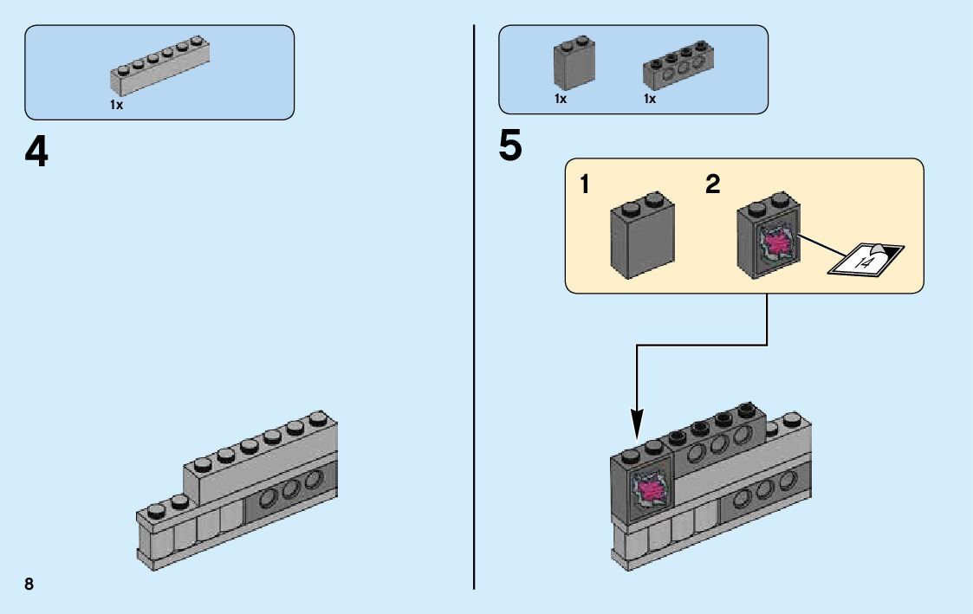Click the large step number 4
click(36, 152)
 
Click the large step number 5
click(510, 145)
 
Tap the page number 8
click(29, 584)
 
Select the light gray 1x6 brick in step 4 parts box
click(160, 68)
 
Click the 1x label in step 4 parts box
click(116, 104)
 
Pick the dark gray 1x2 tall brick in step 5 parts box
click(574, 63)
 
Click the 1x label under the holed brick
click(649, 99)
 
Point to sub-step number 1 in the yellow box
click(587, 184)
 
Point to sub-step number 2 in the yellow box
click(712, 184)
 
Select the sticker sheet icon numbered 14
click(866, 259)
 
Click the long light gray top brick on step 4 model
click(260, 463)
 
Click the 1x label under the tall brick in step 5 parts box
click(561, 99)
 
